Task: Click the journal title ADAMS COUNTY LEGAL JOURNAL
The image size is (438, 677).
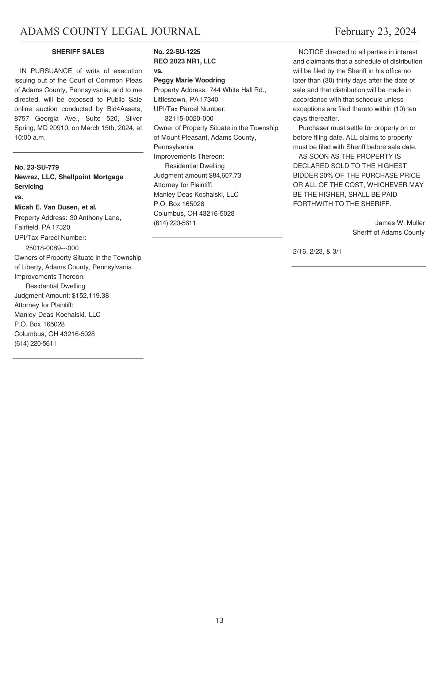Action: click(110, 32)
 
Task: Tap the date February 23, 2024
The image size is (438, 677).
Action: click(375, 32)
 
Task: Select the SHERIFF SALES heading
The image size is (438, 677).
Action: click(78, 52)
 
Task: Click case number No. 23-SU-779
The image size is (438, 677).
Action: click(36, 168)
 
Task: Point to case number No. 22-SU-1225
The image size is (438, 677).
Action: click(177, 52)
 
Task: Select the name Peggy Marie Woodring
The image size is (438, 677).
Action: click(189, 80)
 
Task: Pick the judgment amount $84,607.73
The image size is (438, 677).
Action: click(225, 176)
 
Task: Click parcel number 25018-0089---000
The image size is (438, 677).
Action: click(52, 248)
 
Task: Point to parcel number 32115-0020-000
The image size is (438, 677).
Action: click(189, 119)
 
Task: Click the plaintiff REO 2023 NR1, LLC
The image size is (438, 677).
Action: click(185, 61)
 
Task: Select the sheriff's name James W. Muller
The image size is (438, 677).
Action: click(400, 223)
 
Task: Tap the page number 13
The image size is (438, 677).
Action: click(219, 620)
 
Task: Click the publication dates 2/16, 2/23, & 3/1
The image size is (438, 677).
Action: click(317, 252)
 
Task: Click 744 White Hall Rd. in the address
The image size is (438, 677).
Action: click(238, 90)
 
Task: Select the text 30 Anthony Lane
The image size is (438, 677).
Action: click(95, 218)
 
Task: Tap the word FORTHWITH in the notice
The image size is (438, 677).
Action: click(313, 204)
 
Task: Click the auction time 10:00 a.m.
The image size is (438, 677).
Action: click(30, 138)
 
